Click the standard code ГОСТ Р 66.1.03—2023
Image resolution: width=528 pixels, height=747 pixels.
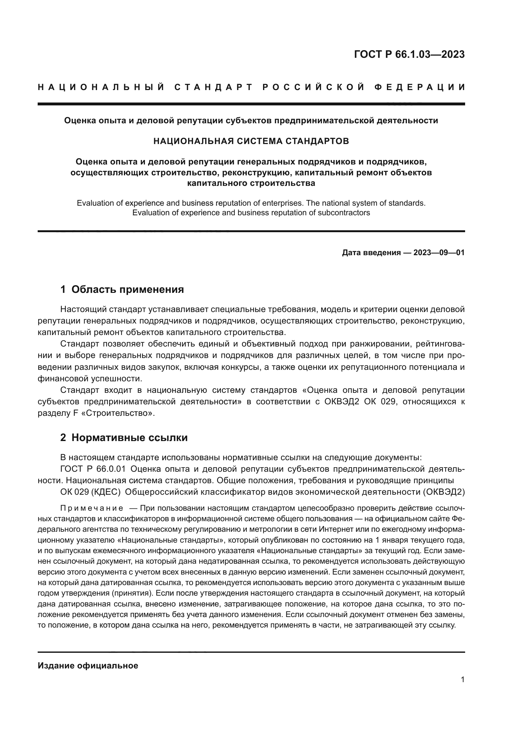pos(409,54)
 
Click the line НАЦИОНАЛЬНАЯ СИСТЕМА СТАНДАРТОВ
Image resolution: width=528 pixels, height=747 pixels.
pos(251,141)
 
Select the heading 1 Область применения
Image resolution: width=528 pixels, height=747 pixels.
pos(122,289)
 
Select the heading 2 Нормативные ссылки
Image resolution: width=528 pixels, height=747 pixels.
pos(124,438)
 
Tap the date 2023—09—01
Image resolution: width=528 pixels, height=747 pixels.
pos(439,253)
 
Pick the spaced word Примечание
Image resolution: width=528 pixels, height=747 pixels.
pos(92,508)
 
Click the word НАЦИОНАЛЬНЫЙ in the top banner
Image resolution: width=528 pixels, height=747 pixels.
pos(102,87)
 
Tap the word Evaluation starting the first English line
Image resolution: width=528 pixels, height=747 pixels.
pos(95,203)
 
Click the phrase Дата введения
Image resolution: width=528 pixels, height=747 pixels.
pos(371,253)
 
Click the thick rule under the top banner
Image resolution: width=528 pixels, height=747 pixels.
pos(251,104)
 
